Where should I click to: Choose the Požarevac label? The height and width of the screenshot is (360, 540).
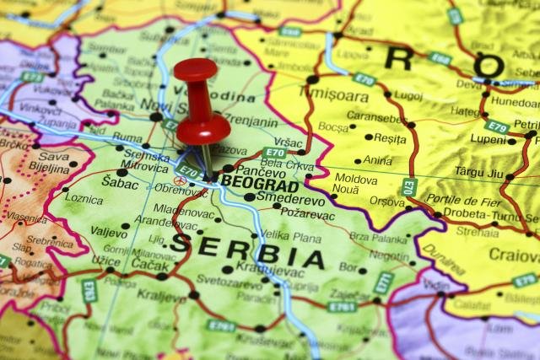[x=308, y=215]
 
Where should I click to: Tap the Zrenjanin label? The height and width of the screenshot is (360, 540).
[x=251, y=122]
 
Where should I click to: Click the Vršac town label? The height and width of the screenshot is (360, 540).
[x=288, y=142]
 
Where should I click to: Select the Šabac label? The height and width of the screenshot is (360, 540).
[x=120, y=182]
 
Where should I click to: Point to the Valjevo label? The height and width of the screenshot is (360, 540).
[x=109, y=229]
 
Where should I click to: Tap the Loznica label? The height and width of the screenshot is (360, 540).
[x=84, y=200]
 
